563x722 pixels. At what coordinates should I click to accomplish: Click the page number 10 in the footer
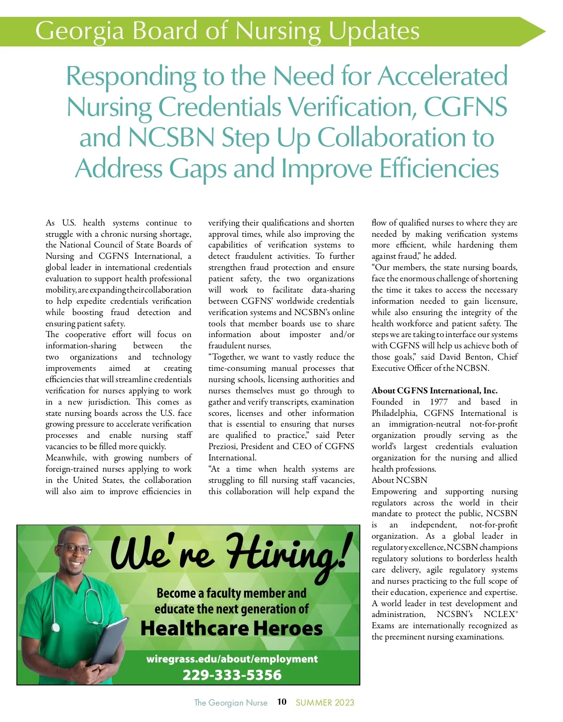click(x=281, y=701)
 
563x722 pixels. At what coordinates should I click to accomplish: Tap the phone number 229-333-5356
click(x=232, y=675)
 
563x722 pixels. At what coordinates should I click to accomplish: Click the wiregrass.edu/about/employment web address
click(x=232, y=659)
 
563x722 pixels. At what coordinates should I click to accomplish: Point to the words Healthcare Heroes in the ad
click(x=232, y=628)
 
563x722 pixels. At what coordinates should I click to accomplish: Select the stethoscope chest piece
click(x=56, y=627)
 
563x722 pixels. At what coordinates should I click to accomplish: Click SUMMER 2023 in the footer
click(x=325, y=702)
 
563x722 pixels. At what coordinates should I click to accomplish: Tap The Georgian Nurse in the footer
click(x=230, y=702)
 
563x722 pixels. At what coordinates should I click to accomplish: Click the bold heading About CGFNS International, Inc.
click(x=434, y=391)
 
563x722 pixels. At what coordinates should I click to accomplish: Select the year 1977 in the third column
click(x=439, y=402)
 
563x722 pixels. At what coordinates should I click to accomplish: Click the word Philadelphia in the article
click(x=394, y=413)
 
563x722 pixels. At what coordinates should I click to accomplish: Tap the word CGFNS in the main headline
click(x=465, y=106)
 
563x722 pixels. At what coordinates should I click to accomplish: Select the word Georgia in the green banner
click(x=79, y=30)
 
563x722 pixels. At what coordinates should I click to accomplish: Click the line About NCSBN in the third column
click(x=399, y=480)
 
